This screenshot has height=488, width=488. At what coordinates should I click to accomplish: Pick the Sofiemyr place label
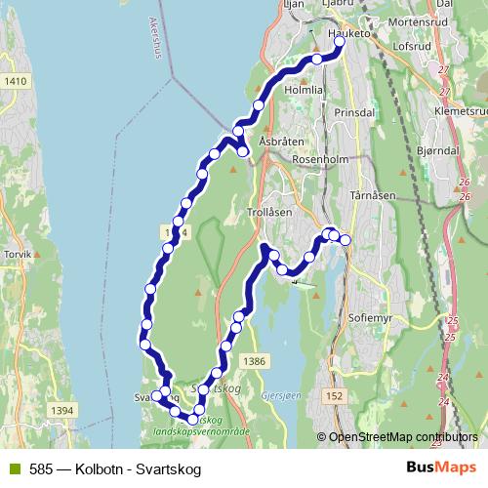(x=370, y=317)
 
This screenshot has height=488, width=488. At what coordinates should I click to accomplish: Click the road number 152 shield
(x=335, y=395)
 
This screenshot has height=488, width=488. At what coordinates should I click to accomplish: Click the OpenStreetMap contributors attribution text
(x=401, y=437)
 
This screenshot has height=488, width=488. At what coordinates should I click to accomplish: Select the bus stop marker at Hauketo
(x=340, y=43)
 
